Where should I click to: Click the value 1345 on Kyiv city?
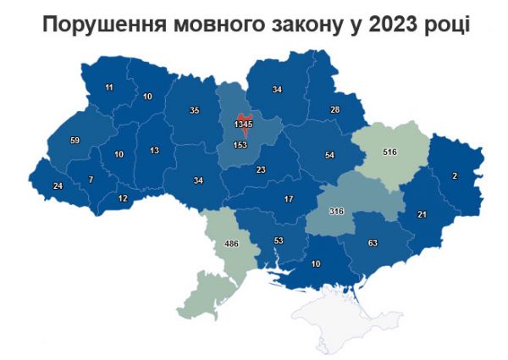(243, 125)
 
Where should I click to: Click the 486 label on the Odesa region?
(231, 244)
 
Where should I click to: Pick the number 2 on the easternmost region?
(455, 175)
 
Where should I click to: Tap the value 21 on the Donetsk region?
(422, 215)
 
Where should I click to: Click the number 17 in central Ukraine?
(289, 198)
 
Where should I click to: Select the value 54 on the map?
(329, 157)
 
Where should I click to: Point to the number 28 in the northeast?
(334, 110)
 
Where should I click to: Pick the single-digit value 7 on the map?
(91, 180)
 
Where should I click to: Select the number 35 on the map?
(194, 110)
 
